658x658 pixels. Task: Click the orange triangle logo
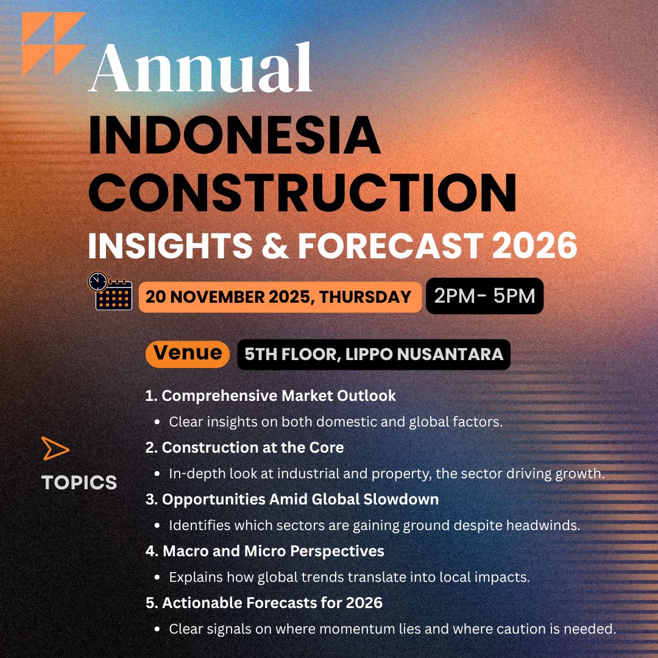click(x=54, y=44)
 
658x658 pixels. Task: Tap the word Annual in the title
click(x=200, y=67)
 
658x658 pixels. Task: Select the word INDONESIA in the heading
click(x=235, y=135)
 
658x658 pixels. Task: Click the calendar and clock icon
click(x=110, y=291)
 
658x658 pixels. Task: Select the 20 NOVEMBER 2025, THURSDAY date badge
click(x=280, y=297)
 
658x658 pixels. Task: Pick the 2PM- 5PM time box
click(x=485, y=296)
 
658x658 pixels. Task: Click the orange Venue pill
click(x=188, y=353)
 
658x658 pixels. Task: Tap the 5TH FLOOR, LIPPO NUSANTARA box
click(x=374, y=354)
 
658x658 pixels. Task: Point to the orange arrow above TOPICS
click(x=55, y=448)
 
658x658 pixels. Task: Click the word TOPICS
click(x=79, y=483)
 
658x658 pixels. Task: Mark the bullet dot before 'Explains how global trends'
click(x=157, y=578)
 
